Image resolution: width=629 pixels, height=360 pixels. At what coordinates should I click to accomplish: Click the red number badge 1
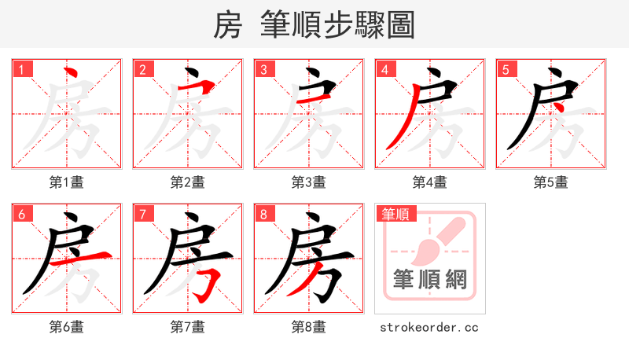coord(21,69)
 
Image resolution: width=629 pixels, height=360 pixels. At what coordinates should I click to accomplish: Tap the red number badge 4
coord(384,69)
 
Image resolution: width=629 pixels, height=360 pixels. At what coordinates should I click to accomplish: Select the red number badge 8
coord(263,214)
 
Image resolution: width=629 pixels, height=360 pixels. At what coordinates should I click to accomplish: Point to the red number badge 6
coord(21,214)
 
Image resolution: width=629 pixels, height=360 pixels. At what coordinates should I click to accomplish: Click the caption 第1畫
coord(67,182)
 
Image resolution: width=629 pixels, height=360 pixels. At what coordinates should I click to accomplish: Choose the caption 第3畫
coord(309,182)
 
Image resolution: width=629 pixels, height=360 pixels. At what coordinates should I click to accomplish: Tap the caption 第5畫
coord(551,182)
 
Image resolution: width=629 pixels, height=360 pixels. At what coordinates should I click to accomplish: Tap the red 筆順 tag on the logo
coord(396,212)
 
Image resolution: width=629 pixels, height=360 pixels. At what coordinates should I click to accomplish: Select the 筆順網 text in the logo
coord(429,280)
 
